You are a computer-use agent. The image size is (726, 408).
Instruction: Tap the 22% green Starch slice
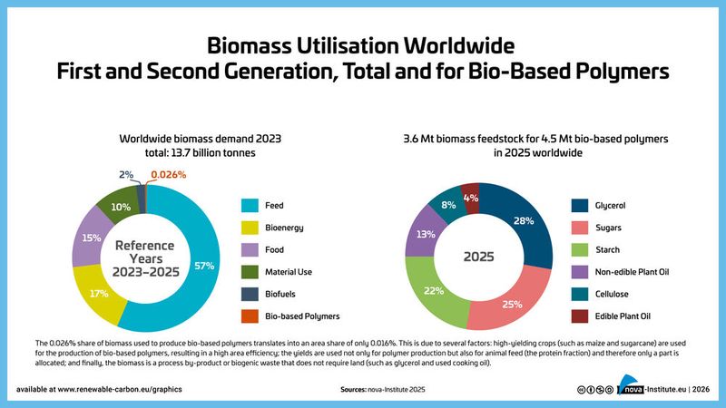point(432,291)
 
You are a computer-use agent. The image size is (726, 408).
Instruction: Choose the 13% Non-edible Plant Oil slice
point(422,234)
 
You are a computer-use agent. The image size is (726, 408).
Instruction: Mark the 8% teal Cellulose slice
point(447,204)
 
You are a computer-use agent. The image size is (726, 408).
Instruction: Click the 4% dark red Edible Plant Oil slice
point(470,197)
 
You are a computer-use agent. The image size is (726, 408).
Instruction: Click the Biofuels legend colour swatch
point(249,294)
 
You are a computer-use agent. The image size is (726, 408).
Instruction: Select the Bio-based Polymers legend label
point(301,316)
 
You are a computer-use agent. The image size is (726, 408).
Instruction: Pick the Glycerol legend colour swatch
point(582,205)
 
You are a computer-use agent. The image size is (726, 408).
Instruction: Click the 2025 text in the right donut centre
point(478,257)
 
